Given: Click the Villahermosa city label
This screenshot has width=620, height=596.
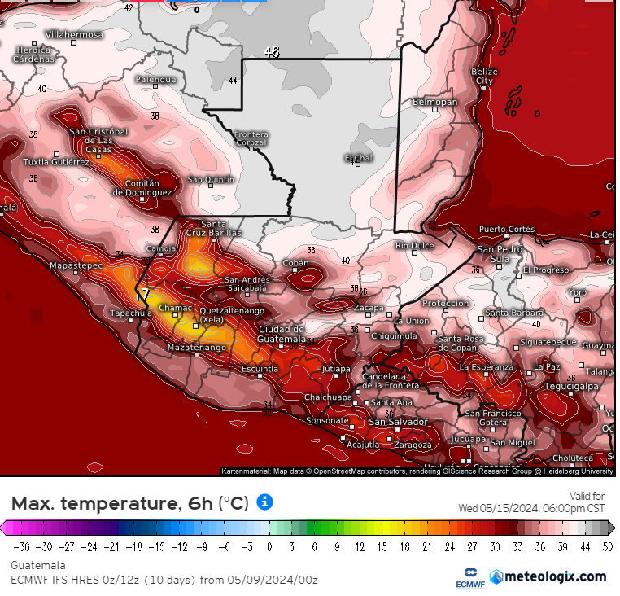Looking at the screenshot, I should (74, 35).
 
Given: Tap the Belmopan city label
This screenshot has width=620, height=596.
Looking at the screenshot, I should (434, 102).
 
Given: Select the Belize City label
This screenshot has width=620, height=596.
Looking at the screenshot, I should (484, 77).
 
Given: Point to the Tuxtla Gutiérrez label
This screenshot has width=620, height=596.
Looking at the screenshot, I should (55, 161).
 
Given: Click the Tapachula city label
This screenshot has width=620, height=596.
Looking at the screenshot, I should (132, 313).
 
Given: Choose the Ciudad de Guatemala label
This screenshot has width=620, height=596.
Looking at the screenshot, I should (282, 333).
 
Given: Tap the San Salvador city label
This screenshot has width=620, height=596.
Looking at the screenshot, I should (398, 422).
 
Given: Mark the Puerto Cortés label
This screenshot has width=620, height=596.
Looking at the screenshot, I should (506, 229).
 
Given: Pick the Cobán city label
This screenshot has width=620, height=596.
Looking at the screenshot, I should (295, 263).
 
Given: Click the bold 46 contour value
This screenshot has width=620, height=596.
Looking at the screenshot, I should (271, 51).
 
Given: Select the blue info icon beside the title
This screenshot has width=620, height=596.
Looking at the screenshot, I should (264, 502).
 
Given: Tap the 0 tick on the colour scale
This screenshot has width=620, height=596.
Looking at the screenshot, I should (269, 546).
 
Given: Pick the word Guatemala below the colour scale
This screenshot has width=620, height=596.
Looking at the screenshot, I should (38, 565).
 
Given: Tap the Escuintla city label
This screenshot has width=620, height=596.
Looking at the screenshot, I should (260, 369).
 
